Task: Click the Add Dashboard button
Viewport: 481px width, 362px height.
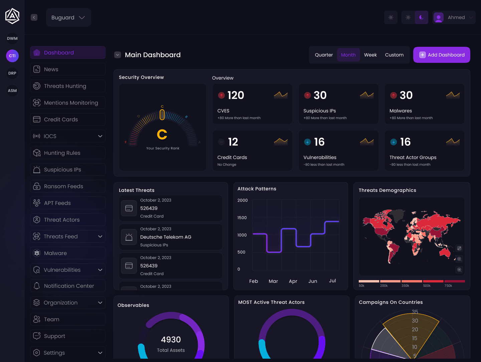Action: pos(442,55)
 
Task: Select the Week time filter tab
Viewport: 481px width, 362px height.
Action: pos(370,55)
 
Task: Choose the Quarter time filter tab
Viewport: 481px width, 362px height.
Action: pos(324,55)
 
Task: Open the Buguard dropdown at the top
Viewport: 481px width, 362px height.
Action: pos(68,17)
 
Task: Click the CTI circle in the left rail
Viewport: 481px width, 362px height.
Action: pos(12,56)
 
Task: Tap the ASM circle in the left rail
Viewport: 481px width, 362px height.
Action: pos(12,91)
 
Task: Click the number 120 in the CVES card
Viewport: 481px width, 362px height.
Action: pos(235,95)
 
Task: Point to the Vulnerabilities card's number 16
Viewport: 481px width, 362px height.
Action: pos(319,142)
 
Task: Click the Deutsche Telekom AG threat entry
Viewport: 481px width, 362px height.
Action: pos(166,237)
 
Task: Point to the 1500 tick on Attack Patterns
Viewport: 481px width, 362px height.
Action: pos(242,218)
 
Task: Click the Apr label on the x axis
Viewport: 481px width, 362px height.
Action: pos(293,281)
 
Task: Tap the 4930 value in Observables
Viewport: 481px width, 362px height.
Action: pos(171,340)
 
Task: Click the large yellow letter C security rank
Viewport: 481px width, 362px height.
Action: pos(162,135)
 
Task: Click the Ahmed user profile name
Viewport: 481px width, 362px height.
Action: pos(456,17)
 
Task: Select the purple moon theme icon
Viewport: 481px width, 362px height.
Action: pos(422,17)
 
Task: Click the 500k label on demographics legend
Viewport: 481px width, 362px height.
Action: pos(427,286)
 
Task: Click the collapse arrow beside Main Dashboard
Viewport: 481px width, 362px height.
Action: pos(118,55)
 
